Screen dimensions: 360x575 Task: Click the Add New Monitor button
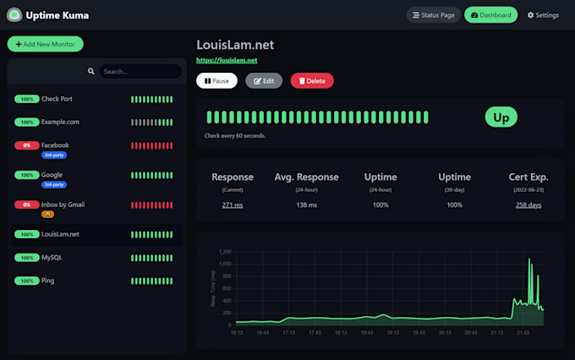45,44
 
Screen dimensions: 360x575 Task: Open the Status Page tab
432,15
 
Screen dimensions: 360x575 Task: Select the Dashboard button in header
490,15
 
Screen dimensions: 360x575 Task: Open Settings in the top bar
543,15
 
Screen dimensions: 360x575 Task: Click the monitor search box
139,72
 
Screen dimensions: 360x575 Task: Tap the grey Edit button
264,80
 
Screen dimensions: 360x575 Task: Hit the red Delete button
312,80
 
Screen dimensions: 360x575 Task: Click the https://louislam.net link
227,61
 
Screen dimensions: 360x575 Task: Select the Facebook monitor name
55,145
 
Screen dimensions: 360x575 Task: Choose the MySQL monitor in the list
52,257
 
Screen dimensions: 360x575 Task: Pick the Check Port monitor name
57,99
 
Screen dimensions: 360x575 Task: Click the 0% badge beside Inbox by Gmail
26,205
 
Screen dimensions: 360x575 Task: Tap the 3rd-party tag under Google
54,184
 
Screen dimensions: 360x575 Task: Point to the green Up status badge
501,117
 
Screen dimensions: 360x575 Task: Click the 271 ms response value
233,205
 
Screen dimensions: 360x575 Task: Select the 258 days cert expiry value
528,205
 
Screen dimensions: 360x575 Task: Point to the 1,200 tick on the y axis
224,252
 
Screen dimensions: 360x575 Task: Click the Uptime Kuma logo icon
14,15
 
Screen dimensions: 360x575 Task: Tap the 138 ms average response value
306,205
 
